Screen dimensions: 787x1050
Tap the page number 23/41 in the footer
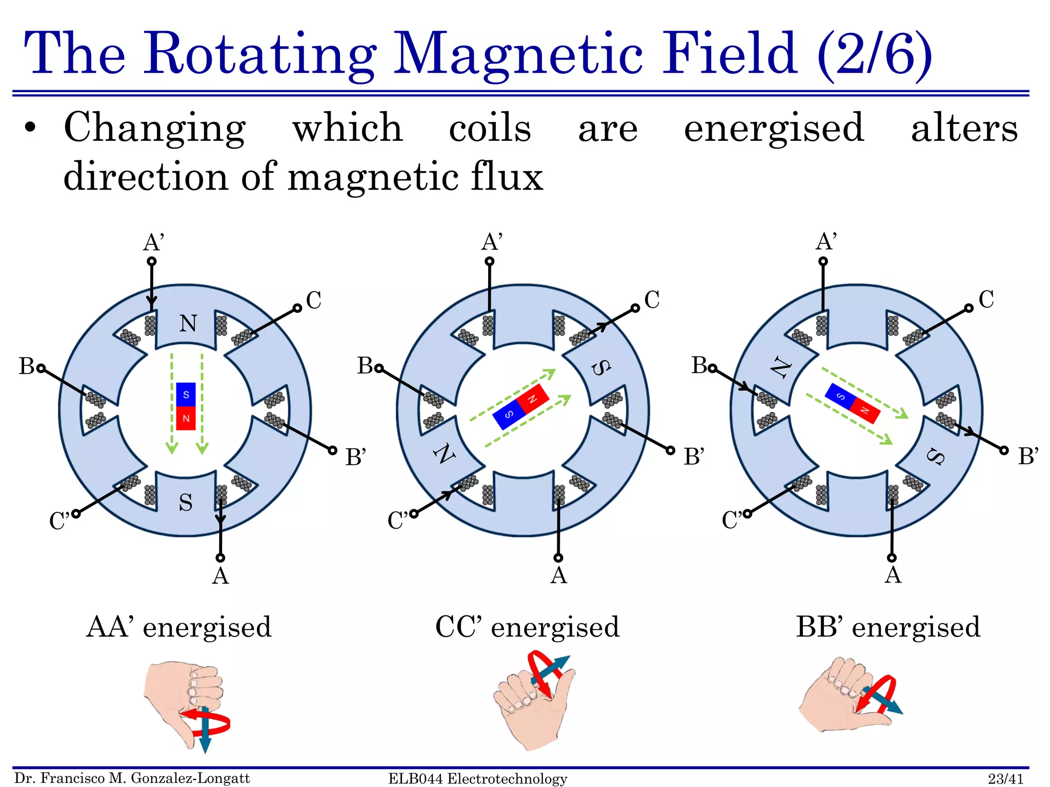pyautogui.click(x=1005, y=779)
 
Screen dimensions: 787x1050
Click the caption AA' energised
pyautogui.click(x=178, y=627)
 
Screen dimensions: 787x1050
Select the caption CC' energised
pyautogui.click(x=527, y=627)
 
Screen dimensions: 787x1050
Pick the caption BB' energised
pyautogui.click(x=887, y=627)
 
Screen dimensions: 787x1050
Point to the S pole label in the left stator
pyautogui.click(x=186, y=503)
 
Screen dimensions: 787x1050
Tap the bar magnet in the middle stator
pyautogui.click(x=520, y=406)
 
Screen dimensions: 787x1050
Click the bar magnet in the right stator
pyautogui.click(x=852, y=403)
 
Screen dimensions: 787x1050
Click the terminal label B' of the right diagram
pyautogui.click(x=1027, y=456)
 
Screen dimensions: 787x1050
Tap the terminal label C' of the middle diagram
pyautogui.click(x=397, y=521)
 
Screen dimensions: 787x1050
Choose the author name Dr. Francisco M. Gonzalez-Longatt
pyautogui.click(x=132, y=778)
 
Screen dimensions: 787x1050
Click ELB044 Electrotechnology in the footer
pyautogui.click(x=477, y=779)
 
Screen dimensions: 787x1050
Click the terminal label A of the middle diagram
pyautogui.click(x=558, y=575)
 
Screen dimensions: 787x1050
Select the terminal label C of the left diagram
pyautogui.click(x=313, y=300)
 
